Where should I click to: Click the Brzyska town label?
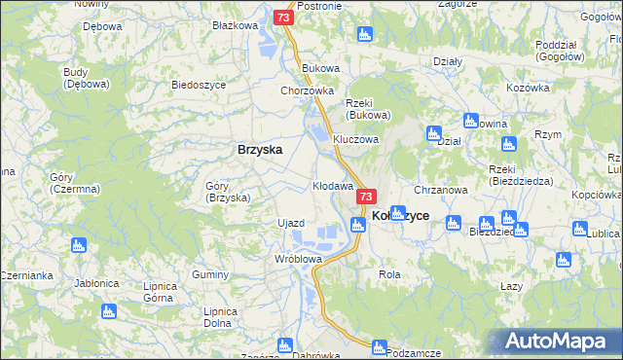260,150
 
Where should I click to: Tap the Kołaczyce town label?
401,215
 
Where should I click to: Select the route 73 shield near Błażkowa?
282,18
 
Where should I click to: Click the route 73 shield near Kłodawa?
366,197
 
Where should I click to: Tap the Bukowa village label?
320,68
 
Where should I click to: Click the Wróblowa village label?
298,259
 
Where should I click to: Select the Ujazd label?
292,223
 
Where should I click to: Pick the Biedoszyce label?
199,85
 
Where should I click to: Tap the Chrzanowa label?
442,190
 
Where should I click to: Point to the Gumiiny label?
209,276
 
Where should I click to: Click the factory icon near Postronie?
365,35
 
